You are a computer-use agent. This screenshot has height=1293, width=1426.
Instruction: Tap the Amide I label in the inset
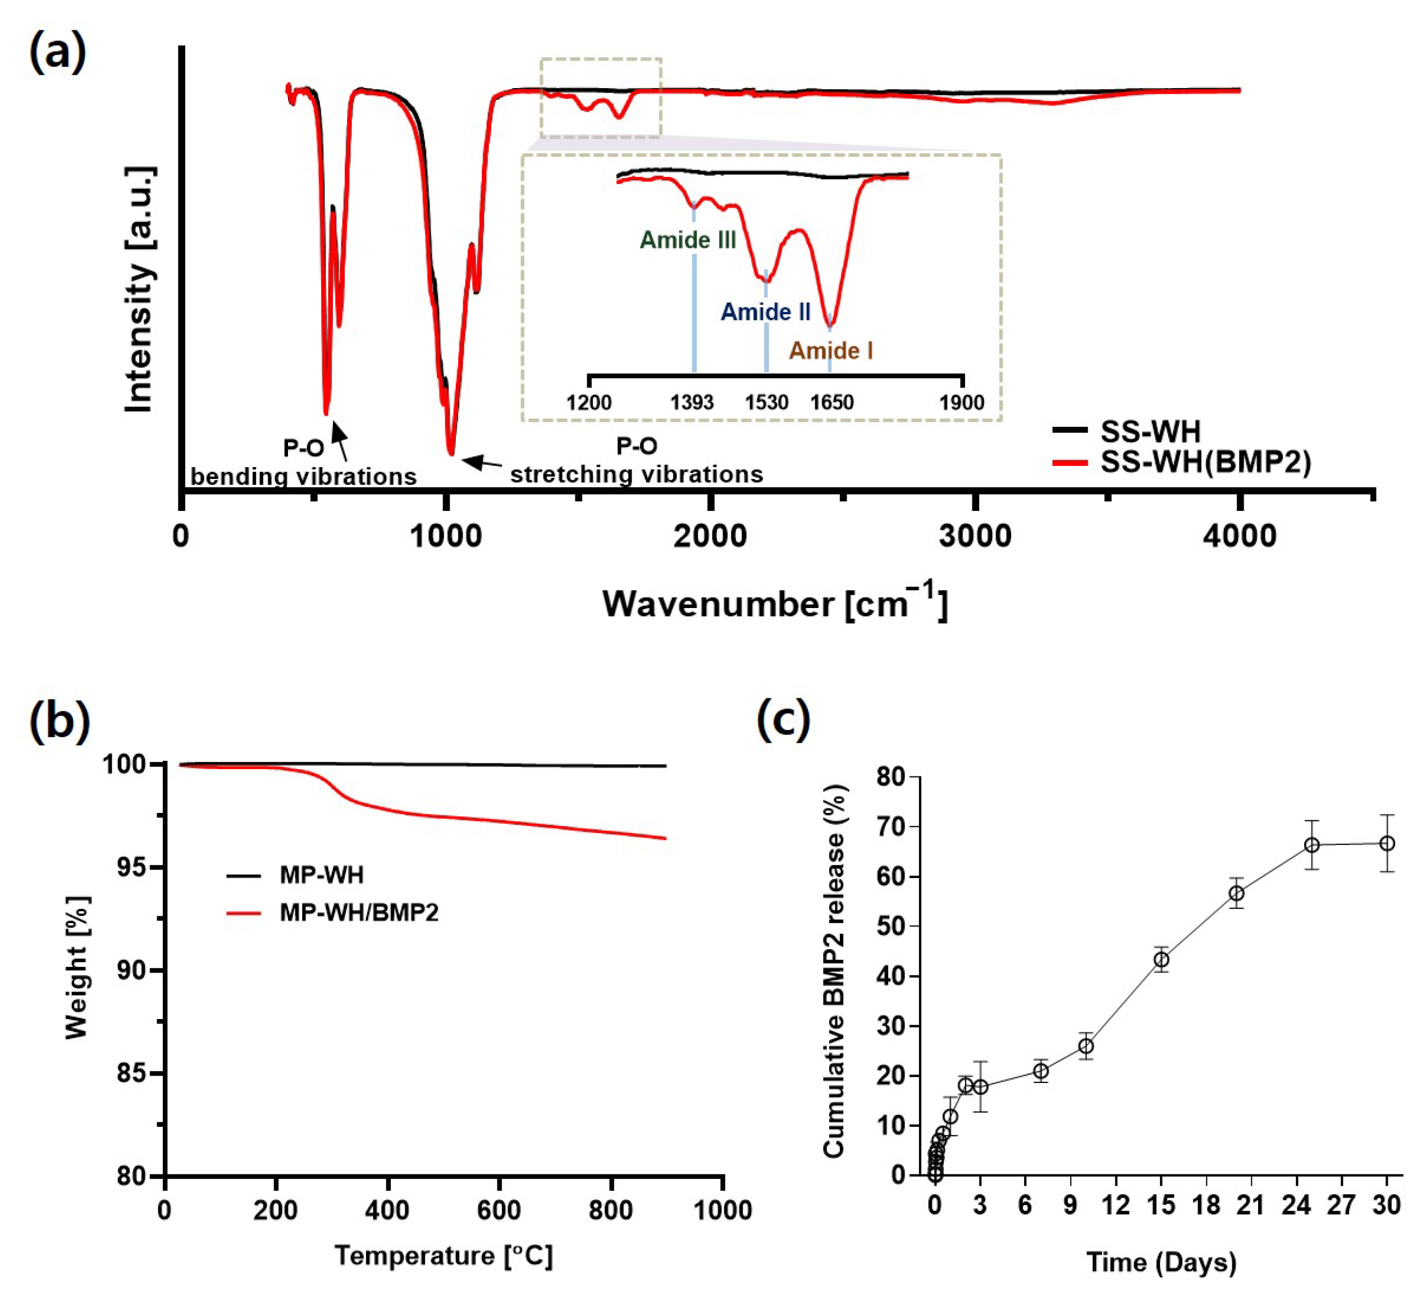tap(830, 350)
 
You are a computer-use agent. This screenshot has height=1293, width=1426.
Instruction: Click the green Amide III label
tap(688, 240)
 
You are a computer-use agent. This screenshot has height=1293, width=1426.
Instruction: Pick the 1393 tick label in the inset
tap(692, 403)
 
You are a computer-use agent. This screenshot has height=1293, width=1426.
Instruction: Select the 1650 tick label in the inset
tap(832, 403)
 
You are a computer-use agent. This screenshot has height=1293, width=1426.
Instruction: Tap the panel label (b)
tap(60, 720)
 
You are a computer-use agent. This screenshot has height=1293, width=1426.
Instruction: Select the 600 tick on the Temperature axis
tap(499, 1210)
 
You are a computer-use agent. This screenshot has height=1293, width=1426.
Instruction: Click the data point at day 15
tap(1161, 960)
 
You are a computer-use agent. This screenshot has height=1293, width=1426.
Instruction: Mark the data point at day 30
tap(1387, 843)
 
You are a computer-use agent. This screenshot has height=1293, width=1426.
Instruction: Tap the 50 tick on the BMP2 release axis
tap(890, 926)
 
